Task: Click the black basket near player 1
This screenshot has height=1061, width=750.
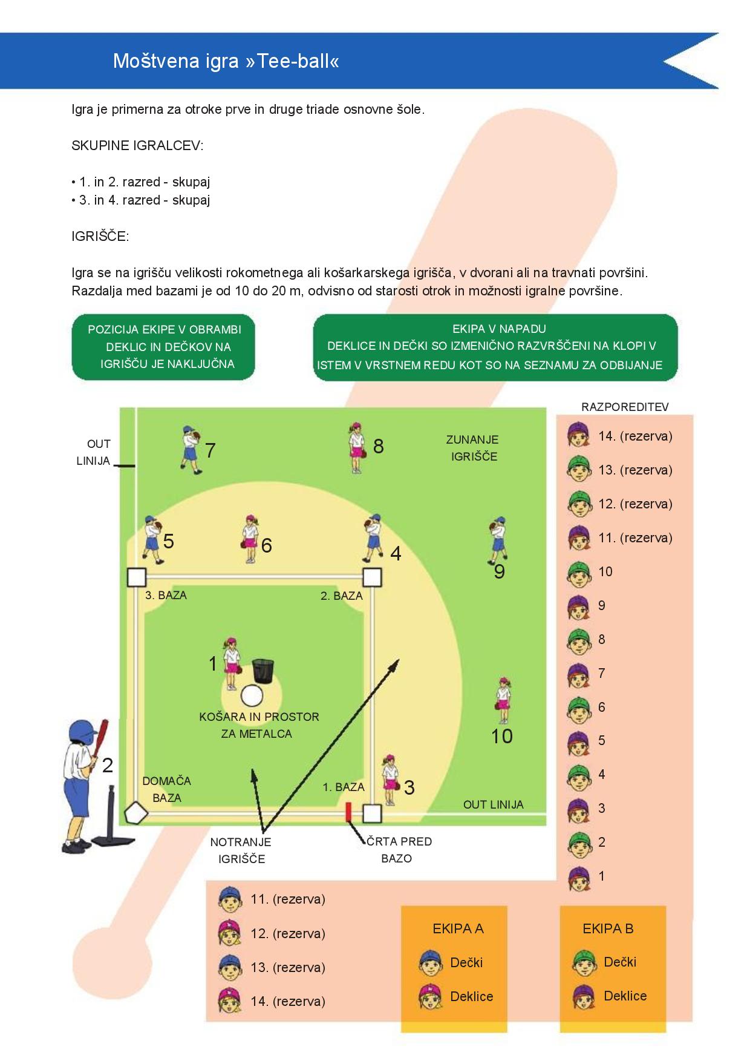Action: [263, 670]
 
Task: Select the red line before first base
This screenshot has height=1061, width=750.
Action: [348, 813]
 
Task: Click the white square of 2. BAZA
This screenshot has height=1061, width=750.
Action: [372, 577]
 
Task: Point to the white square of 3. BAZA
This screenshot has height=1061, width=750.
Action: [137, 577]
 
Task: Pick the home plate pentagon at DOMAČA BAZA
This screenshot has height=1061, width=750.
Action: [136, 813]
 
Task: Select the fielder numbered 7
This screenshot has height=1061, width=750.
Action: [191, 450]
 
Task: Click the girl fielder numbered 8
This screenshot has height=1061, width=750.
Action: [356, 447]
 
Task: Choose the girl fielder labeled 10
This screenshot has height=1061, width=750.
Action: [503, 701]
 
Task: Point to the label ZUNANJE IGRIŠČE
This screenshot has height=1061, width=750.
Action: [472, 448]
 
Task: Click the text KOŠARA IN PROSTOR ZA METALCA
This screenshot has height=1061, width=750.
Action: [259, 725]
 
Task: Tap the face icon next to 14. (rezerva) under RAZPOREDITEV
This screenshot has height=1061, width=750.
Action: [579, 436]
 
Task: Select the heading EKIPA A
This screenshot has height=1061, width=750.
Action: [458, 928]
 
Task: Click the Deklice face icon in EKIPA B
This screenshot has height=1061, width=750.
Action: [584, 996]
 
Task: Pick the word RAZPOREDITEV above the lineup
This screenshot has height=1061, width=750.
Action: [625, 407]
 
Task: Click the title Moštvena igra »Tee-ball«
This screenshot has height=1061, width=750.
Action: [226, 61]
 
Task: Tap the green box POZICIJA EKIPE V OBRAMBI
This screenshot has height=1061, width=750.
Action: [163, 347]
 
